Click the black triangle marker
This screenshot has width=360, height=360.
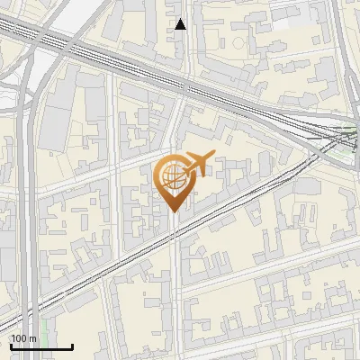(x=181, y=24)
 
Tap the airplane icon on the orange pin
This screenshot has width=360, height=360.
(x=198, y=163)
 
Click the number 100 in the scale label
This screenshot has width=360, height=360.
(x=19, y=338)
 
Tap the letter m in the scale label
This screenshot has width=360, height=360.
(x=33, y=338)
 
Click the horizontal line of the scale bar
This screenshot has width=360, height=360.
(x=40, y=346)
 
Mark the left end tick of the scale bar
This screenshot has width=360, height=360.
(x=10, y=345)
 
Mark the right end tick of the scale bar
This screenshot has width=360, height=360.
(x=72, y=345)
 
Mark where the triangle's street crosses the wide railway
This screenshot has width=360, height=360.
(x=184, y=87)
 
